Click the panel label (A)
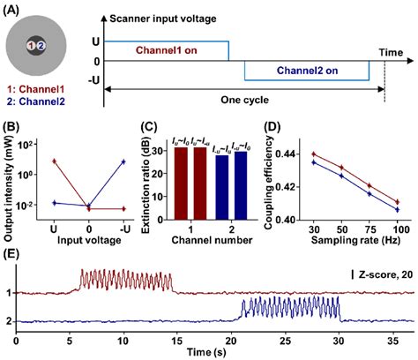click(x=12, y=9)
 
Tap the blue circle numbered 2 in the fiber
click(x=41, y=45)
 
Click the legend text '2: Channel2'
click(x=33, y=100)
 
